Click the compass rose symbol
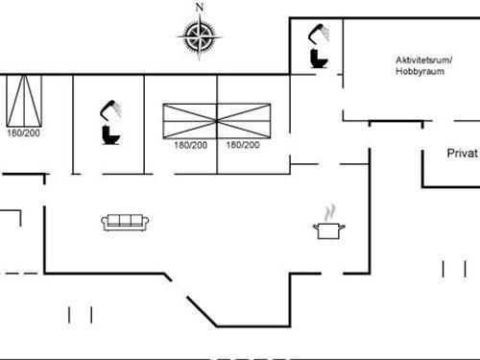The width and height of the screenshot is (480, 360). [x=200, y=37]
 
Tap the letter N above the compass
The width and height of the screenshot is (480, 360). [x=200, y=8]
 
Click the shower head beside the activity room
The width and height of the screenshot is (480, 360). [x=318, y=33]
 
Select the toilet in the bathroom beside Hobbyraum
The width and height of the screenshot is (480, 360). [x=318, y=57]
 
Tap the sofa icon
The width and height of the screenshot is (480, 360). [x=125, y=223]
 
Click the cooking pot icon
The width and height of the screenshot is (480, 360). [x=328, y=229]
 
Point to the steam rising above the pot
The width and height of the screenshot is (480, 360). [x=329, y=210]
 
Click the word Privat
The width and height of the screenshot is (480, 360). [x=462, y=154]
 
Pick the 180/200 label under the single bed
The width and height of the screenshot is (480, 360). [x=25, y=133]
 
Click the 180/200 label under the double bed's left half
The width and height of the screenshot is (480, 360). [x=190, y=145]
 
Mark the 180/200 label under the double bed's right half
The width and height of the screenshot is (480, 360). [x=242, y=145]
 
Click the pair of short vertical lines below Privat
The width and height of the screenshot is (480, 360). [x=453, y=268]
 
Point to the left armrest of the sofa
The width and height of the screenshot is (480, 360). [x=104, y=224]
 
